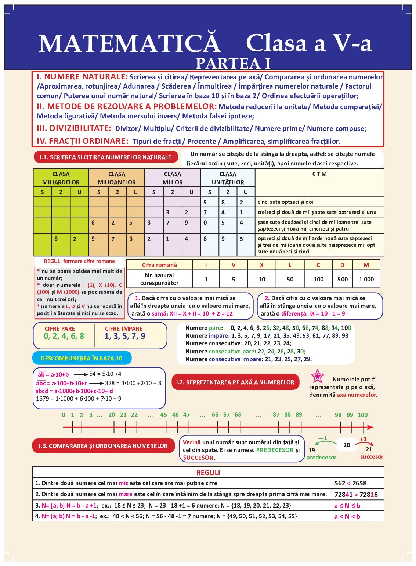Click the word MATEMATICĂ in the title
point(130,44)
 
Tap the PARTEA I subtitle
point(233,64)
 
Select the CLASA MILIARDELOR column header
point(61,178)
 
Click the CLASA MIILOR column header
point(173,178)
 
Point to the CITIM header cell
point(319,174)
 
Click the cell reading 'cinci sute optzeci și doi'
point(286,202)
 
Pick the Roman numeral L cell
point(290,265)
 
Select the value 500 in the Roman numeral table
point(342,279)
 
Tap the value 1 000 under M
point(366,279)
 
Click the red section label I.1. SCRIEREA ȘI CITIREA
point(105,157)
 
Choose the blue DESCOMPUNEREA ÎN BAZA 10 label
point(82,358)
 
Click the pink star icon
point(317,376)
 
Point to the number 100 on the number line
point(362,415)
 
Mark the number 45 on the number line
point(164,415)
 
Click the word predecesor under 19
point(321,458)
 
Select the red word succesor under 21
point(372,457)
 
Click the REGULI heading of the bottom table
point(208,473)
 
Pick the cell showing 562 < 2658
point(350,483)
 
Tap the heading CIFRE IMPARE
point(124,329)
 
